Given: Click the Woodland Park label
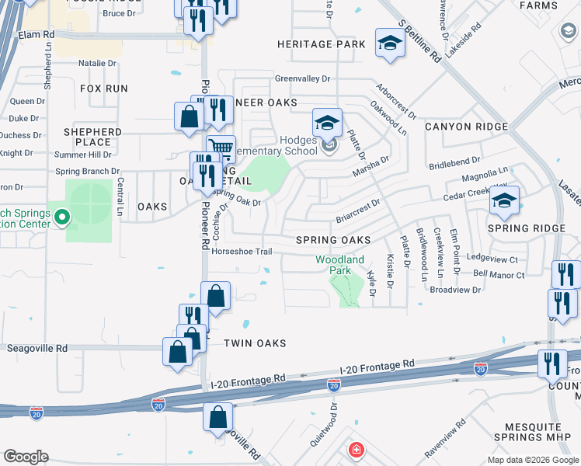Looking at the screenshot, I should (339, 265).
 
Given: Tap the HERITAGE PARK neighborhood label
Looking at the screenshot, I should (322, 45).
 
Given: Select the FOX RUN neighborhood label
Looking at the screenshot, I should (104, 89).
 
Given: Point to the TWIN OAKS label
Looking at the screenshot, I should (255, 343).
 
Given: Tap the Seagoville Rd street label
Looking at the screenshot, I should (37, 349).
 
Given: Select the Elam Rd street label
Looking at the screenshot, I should (37, 35).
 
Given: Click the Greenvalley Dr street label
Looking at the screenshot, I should (302, 78).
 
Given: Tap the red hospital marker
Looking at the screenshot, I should (356, 450).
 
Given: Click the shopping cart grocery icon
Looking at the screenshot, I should (221, 147).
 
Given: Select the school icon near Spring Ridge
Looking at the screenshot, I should (503, 202).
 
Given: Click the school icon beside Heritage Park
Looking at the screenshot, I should (390, 43).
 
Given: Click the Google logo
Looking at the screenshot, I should (25, 457).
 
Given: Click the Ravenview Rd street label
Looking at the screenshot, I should (445, 439).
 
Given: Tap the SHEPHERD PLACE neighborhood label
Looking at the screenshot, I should (92, 137).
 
